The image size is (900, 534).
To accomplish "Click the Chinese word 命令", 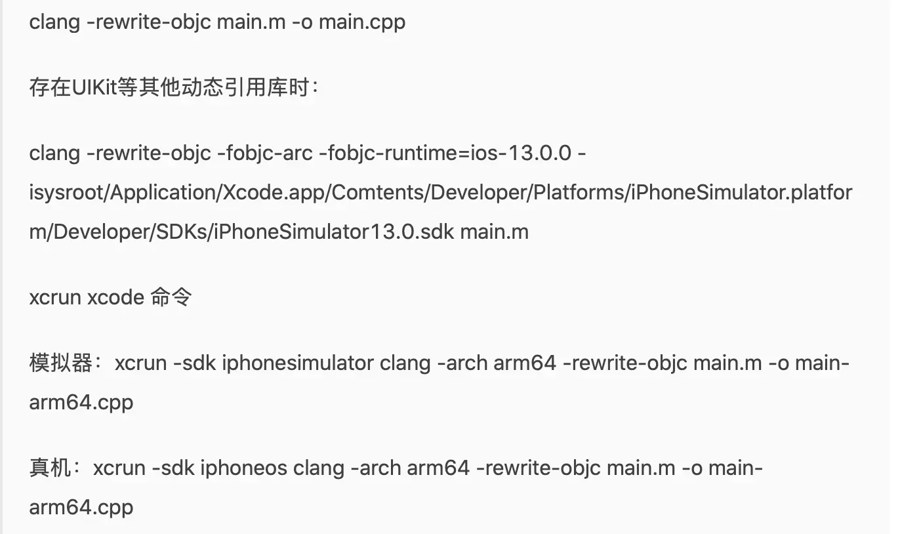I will (171, 298).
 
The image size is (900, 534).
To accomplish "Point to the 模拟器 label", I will (61, 363).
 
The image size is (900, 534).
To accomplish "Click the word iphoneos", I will (244, 468).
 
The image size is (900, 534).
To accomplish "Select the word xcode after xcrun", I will (115, 298).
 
